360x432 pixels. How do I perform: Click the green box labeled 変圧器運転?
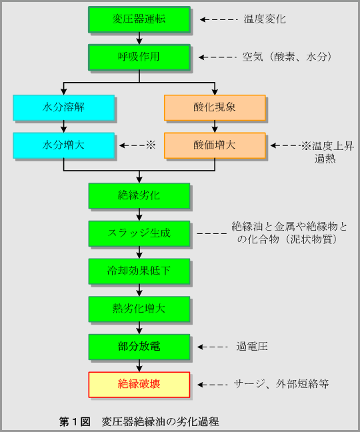(139, 19)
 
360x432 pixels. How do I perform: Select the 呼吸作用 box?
(139, 57)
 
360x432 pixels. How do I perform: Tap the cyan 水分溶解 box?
(63, 108)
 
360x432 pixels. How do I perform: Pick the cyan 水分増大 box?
(63, 145)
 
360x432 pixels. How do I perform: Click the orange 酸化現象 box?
(215, 108)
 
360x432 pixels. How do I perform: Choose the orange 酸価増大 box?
(215, 145)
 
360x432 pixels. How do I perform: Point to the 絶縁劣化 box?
(139, 196)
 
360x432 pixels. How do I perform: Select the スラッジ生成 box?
(139, 233)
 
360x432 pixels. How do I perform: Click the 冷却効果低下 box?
(139, 271)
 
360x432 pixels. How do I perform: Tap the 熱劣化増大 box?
(139, 309)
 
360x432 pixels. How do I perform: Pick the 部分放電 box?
(139, 347)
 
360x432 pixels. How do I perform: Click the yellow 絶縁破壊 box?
(139, 385)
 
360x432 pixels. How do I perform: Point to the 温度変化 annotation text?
(265, 19)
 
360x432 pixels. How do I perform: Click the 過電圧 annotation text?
(252, 347)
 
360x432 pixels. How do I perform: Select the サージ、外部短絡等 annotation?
(281, 384)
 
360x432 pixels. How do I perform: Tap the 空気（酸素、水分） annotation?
(287, 57)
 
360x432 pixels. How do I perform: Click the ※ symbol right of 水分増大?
(151, 145)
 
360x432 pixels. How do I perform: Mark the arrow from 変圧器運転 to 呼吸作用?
(139, 38)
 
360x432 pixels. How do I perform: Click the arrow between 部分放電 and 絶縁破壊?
(139, 366)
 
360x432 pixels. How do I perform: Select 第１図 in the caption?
(75, 421)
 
